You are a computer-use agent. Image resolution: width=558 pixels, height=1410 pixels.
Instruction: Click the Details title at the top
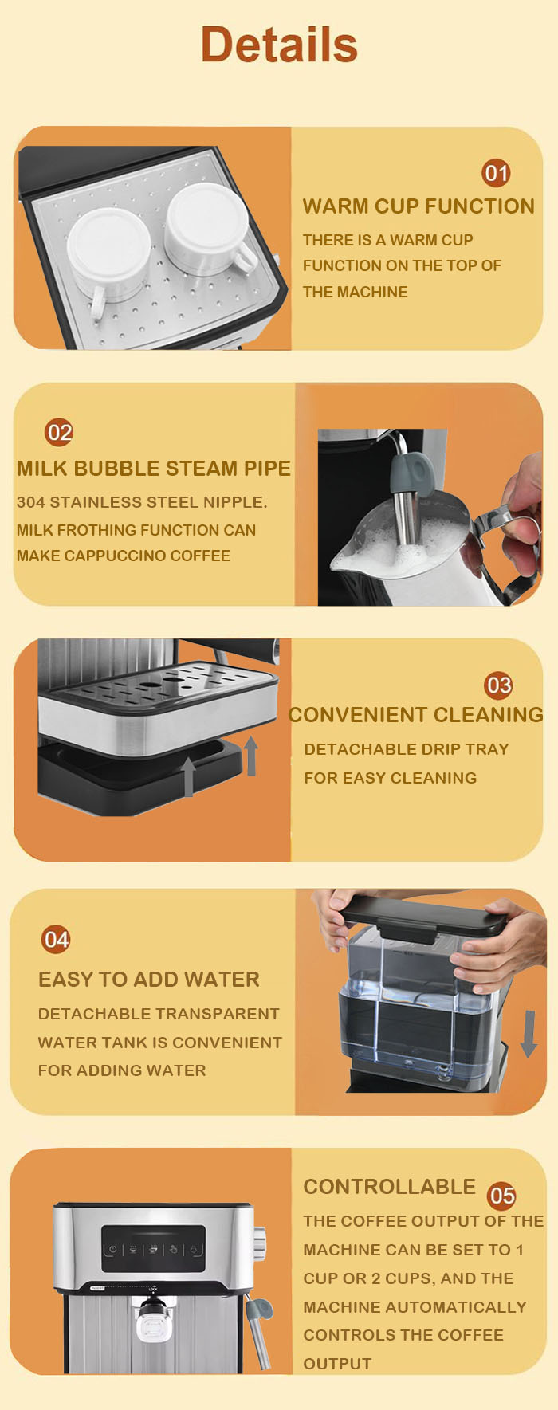[x=279, y=44]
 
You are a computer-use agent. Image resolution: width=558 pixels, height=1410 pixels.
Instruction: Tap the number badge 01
[x=496, y=173]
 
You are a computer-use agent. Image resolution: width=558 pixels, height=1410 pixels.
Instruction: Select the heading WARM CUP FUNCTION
[x=418, y=206]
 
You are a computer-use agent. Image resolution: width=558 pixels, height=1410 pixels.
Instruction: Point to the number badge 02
[x=59, y=433]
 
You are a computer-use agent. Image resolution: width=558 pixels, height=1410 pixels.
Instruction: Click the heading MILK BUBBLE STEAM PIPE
[x=154, y=469]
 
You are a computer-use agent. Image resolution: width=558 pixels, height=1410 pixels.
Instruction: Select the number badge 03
[x=499, y=685]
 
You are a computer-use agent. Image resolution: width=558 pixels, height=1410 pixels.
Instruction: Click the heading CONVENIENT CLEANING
[x=415, y=715]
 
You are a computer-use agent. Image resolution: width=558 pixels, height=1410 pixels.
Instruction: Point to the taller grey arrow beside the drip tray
[x=251, y=756]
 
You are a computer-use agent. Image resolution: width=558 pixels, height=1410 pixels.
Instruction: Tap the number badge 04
[x=56, y=940]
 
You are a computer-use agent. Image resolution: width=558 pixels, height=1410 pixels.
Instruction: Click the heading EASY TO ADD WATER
[x=149, y=980]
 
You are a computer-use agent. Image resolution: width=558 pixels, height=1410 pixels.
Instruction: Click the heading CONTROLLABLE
[x=389, y=1187]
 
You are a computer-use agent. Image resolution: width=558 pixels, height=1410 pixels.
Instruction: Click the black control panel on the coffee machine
[x=153, y=1249]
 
